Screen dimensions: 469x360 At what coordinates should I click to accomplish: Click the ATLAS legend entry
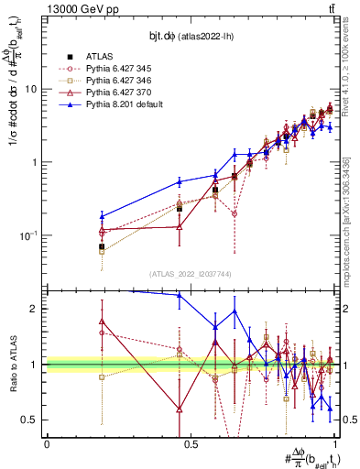(x=99, y=56)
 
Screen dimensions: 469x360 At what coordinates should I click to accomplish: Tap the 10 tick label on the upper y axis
(x=30, y=90)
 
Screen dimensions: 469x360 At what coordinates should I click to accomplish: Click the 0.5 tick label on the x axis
(x=191, y=443)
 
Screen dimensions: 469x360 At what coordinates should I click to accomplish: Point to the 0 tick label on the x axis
(x=46, y=443)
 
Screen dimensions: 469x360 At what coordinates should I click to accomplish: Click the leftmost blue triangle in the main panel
(x=102, y=216)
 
